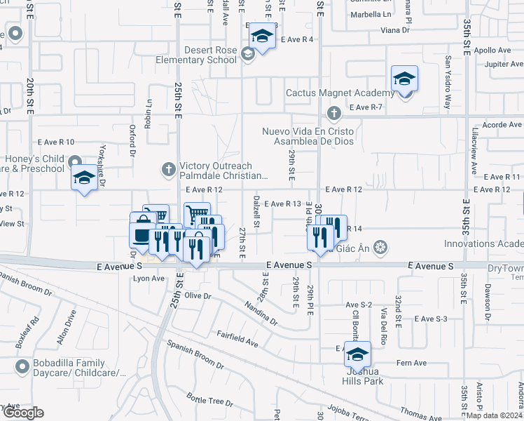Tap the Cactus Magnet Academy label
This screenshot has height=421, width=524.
(340, 93)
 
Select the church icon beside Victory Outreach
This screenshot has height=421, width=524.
(168, 169)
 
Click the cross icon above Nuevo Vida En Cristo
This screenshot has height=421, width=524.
(334, 113)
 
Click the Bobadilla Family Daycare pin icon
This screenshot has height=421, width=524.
(21, 365)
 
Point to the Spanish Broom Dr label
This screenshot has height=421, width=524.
(195, 355)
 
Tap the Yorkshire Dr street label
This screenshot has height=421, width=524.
(102, 166)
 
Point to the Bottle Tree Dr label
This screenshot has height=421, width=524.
(209, 401)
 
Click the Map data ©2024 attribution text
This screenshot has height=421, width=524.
(495, 415)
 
